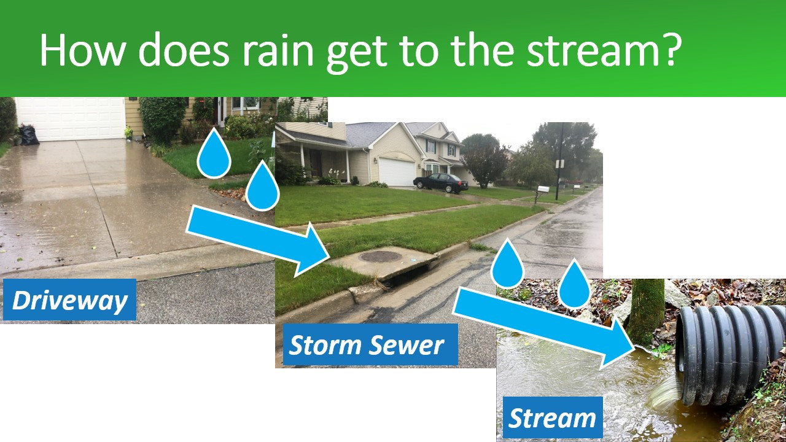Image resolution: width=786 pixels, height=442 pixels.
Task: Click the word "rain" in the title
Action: [x=278, y=50]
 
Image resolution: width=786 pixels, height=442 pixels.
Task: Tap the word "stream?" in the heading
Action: [x=604, y=50]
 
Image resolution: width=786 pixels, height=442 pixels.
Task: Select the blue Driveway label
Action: [x=69, y=300]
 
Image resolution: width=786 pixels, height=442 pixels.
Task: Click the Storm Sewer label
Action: [x=370, y=344]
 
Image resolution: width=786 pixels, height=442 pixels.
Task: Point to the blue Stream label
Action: [x=553, y=417]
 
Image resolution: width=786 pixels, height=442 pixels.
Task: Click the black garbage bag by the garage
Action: [x=28, y=135]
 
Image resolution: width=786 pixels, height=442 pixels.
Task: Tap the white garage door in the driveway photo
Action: [x=70, y=119]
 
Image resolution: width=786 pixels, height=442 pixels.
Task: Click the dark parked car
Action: [x=441, y=182]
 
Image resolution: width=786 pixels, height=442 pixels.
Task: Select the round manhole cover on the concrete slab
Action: [x=380, y=257]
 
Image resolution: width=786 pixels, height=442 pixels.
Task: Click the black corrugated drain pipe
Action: [x=730, y=354]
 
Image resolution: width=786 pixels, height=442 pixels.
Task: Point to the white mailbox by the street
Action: [x=543, y=189]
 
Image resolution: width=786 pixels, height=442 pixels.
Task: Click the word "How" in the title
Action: [x=82, y=50]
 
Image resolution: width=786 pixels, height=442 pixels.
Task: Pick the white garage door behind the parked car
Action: [x=397, y=171]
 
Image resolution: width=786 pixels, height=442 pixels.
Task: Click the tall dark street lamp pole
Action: [x=559, y=161]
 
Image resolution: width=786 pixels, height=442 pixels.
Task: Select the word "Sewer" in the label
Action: [x=407, y=345]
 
